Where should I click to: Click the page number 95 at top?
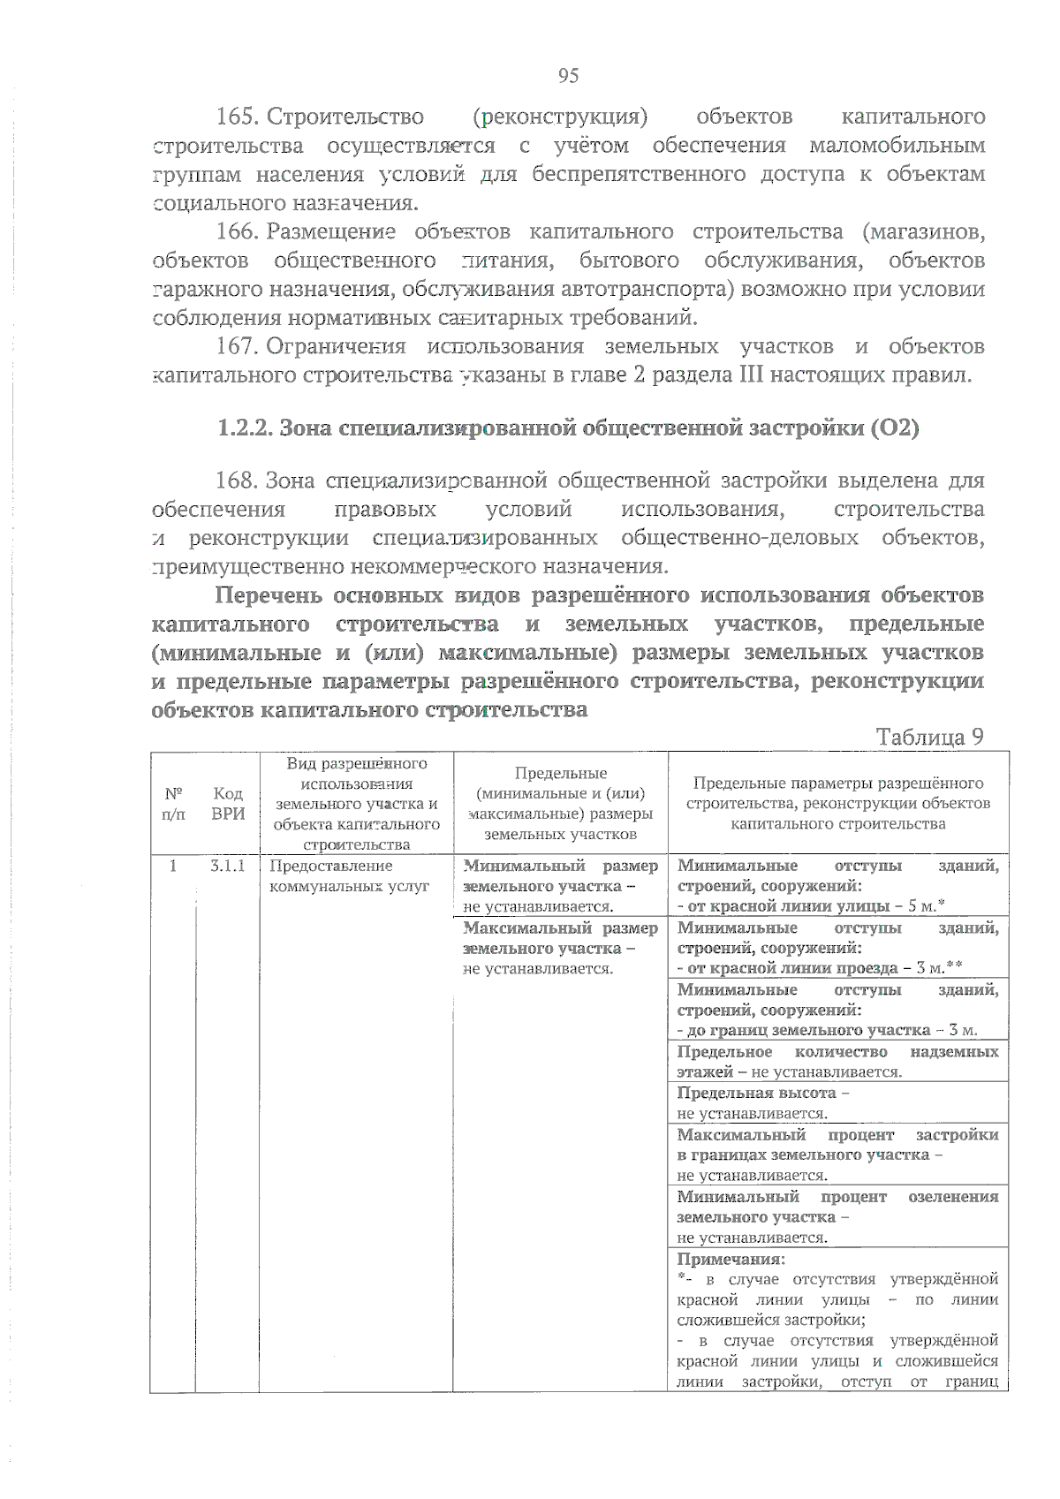[568, 75]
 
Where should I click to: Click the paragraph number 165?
[237, 117]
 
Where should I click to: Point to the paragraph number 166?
[237, 232]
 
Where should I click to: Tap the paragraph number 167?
[237, 347]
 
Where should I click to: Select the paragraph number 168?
[237, 481]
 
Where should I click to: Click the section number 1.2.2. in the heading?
[245, 428]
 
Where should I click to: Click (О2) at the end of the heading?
[894, 428]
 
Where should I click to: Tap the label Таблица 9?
[929, 737]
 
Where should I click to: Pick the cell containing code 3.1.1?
[228, 867]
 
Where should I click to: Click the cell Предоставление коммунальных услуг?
[349, 876]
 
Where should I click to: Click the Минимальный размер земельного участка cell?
[560, 886]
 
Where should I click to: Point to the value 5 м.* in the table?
[927, 906]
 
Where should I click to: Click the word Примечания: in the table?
[731, 1260]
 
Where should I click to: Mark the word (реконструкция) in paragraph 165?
[560, 117]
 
